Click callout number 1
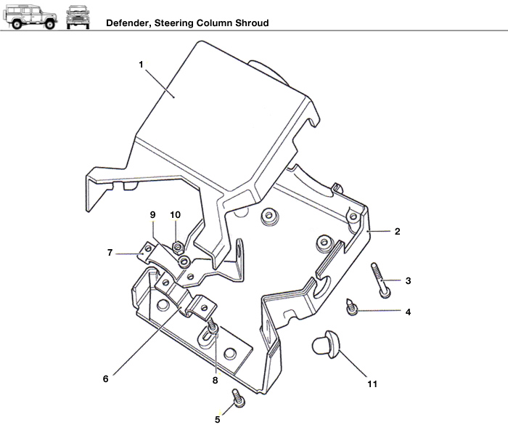coord(142,64)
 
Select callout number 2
coord(397,232)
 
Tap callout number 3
coord(408,281)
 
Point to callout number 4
coord(408,312)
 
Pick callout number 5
coord(218,418)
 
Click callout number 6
coord(106,378)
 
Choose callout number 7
coord(110,253)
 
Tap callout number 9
coord(152,215)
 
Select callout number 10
coord(175,215)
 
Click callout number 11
coord(372,384)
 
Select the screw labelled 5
coord(237,398)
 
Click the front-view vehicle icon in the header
coord(78,17)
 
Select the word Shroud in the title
coord(252,23)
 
